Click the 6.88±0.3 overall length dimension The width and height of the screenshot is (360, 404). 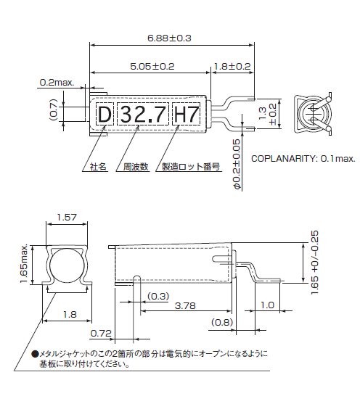click(168, 38)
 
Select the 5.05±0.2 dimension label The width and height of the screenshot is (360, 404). click(152, 66)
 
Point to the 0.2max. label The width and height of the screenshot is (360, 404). click(57, 83)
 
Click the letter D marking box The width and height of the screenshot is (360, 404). click(105, 114)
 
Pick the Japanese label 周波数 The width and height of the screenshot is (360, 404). click(136, 166)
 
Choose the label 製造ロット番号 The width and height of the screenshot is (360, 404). click(190, 166)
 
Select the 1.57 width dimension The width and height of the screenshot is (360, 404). click(66, 218)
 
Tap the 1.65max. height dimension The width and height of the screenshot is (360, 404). click(23, 263)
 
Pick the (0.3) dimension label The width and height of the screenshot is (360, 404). click(158, 296)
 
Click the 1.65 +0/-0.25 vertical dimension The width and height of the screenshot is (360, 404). click(314, 261)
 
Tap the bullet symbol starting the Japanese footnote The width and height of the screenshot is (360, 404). click(34, 354)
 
